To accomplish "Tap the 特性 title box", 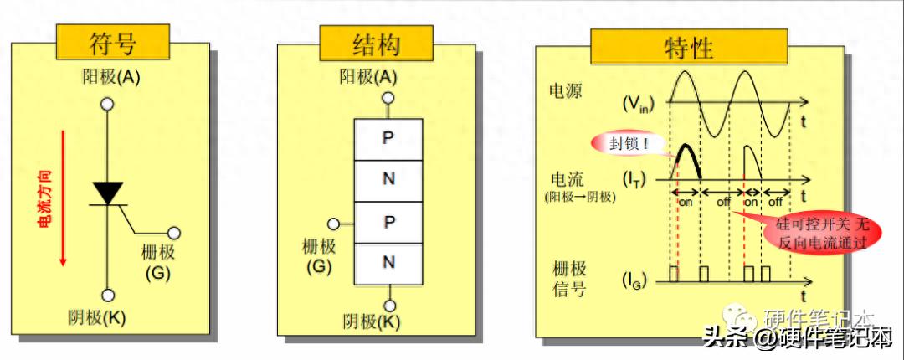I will [x=688, y=47].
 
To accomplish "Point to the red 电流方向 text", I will [x=45, y=198].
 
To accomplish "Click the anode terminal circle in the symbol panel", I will [x=107, y=105].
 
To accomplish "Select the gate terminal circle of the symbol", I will [x=174, y=234].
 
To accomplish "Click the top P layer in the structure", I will [x=388, y=138].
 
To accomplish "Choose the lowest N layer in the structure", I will [x=388, y=263].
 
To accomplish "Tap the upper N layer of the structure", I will [x=388, y=180].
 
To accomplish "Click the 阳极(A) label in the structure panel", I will [x=369, y=77].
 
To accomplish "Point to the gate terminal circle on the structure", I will [x=335, y=224].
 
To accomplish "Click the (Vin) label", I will [x=638, y=104].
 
